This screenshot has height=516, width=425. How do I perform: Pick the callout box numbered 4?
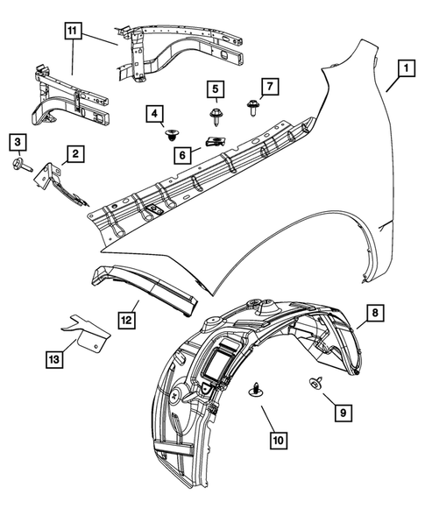tap(154, 114)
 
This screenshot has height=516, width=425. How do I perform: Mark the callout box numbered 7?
tap(271, 86)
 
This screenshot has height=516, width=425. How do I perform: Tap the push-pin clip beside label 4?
tap(172, 134)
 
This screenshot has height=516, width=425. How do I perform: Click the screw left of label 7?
tap(252, 107)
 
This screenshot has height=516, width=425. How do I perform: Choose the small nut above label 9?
tap(313, 382)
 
